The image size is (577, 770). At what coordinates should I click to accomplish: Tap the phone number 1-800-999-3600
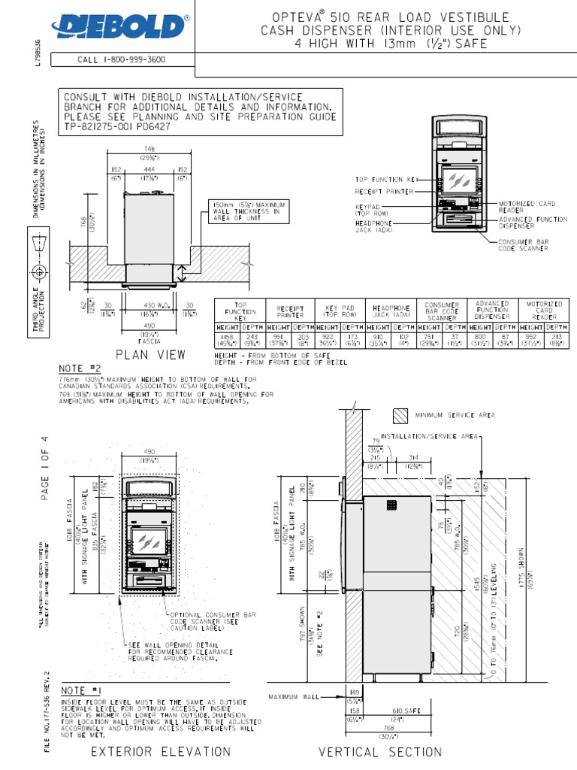122,59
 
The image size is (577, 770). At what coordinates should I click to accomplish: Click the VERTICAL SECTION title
380,751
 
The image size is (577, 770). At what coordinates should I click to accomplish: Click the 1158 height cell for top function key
227,338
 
